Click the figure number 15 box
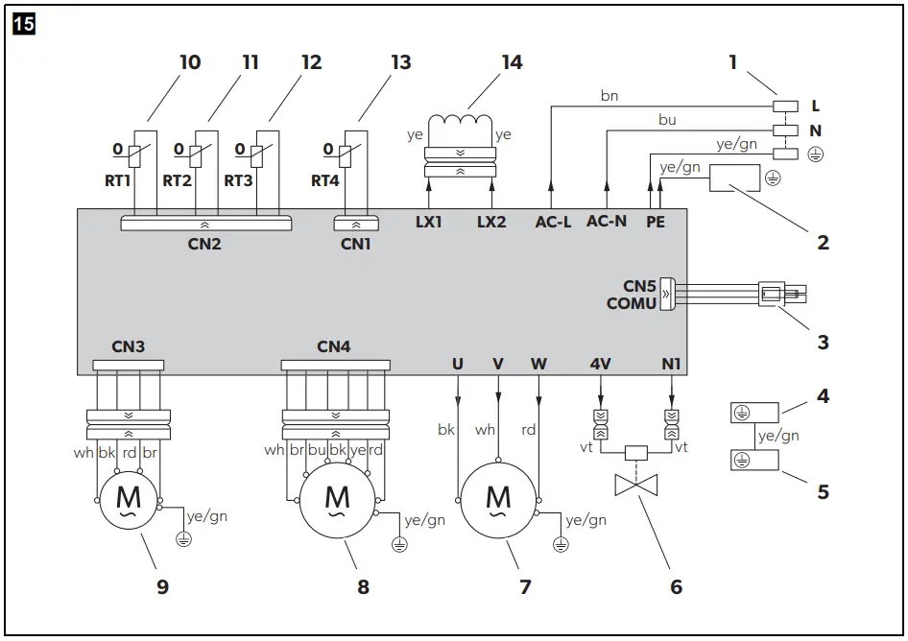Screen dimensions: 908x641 click(24, 24)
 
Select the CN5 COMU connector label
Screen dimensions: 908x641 click(632, 295)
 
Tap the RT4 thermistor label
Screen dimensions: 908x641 click(324, 180)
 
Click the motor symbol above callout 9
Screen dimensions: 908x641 click(128, 500)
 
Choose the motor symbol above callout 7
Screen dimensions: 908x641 click(498, 500)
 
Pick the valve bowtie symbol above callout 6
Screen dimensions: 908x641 click(635, 485)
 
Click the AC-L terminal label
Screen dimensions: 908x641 click(553, 222)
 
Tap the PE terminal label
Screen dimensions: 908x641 click(656, 222)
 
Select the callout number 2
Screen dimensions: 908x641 click(823, 242)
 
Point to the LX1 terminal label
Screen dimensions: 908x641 click(428, 222)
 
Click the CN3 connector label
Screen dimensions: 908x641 click(128, 346)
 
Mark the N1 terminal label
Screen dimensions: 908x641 click(671, 364)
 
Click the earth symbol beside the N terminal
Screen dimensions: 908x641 click(815, 154)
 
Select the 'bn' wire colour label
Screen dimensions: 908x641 click(609, 96)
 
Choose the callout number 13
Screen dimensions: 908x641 click(400, 62)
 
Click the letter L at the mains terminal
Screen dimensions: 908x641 click(815, 106)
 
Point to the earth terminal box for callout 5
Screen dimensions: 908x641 click(754, 461)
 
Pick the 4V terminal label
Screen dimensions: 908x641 click(601, 364)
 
